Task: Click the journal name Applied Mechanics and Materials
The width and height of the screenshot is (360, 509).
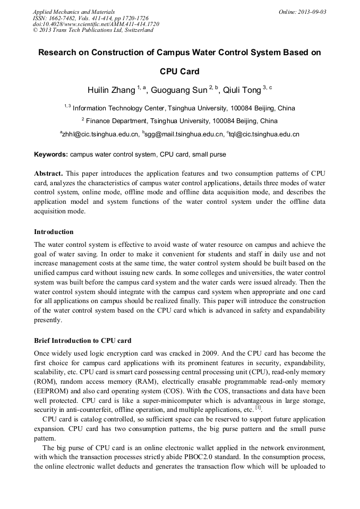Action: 73,12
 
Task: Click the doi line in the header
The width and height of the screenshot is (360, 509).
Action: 96,24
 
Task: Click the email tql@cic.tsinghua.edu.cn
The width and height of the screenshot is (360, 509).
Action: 264,135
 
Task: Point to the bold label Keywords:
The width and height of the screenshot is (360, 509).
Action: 51,154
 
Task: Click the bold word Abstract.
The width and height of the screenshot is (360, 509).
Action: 48,174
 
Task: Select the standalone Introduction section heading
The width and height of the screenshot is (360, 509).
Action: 54,232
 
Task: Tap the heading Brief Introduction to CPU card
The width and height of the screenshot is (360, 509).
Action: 82,340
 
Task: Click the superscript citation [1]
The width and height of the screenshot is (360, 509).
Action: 258,408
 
